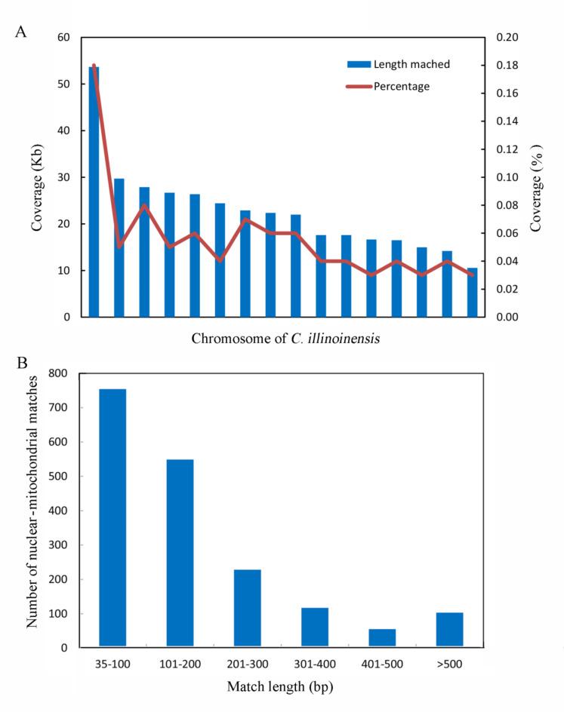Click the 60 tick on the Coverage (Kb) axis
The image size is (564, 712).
click(63, 38)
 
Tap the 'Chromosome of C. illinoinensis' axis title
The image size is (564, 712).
click(285, 339)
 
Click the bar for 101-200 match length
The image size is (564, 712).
click(180, 553)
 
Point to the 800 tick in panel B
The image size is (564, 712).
click(59, 373)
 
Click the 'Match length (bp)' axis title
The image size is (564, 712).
click(281, 686)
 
